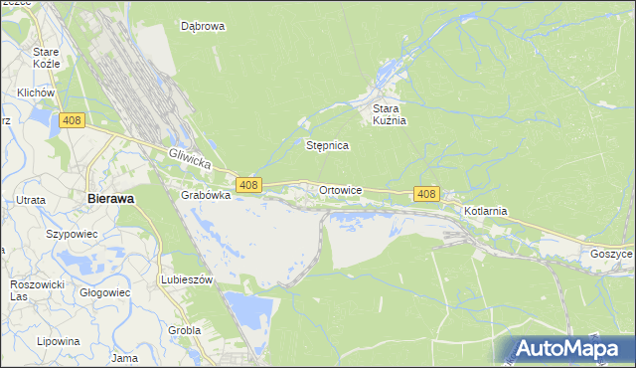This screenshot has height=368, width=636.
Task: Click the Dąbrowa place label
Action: point(203,27)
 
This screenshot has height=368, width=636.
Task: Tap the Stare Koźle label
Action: point(47,58)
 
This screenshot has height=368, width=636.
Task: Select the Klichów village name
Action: point(35,92)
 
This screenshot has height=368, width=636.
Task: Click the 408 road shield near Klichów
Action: point(71,120)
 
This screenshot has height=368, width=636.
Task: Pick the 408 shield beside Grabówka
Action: point(248,185)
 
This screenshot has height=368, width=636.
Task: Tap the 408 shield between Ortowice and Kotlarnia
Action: point(426,193)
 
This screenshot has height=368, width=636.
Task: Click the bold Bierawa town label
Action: point(110,198)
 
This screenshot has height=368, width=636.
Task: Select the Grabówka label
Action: point(206,196)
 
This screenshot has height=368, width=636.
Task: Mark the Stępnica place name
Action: point(327,145)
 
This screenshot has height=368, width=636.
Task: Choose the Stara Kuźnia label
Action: point(391,114)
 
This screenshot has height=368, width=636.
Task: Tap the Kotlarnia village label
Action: point(486,211)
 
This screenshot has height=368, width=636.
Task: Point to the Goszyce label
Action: point(610,254)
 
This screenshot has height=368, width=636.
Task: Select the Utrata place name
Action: point(30,200)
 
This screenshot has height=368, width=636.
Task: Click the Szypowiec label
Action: point(71,235)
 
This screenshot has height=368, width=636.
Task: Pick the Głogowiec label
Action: point(104,292)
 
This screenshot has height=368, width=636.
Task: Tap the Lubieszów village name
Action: point(188,280)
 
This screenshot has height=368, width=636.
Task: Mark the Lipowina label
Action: point(59,341)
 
